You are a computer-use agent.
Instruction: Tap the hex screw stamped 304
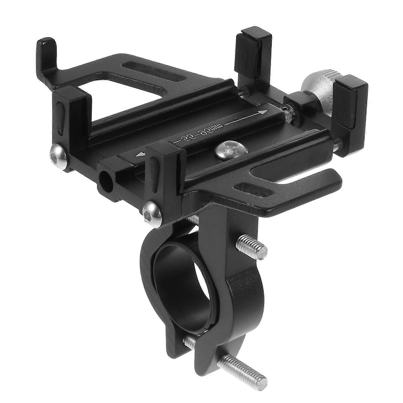coord(226,149)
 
